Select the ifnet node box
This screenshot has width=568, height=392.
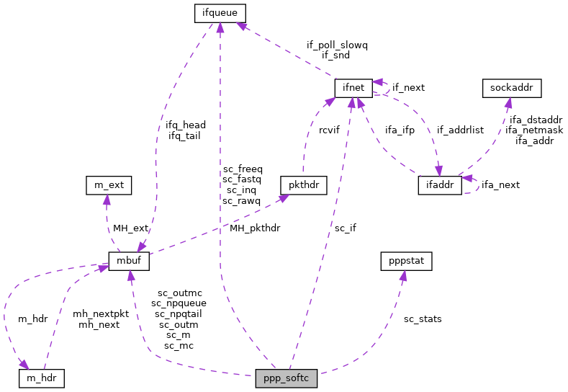point(353,88)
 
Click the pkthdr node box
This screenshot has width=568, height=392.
point(304,184)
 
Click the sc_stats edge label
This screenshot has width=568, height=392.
point(423,318)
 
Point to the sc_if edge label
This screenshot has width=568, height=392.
point(345,228)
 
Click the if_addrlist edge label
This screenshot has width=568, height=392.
point(460,130)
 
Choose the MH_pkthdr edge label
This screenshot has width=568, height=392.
point(255,228)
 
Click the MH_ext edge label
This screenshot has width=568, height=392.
point(130,228)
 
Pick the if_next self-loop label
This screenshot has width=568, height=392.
point(408,87)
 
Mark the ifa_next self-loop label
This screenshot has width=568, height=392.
point(500,184)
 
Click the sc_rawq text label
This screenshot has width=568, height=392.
point(242,200)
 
